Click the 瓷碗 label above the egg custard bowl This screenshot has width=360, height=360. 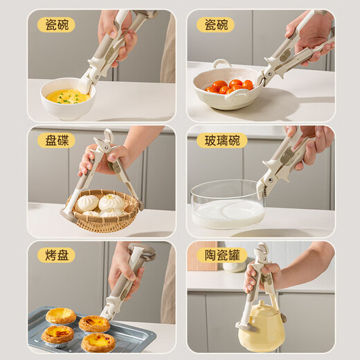click(x=56, y=25)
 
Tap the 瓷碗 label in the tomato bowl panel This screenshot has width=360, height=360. click(x=215, y=25)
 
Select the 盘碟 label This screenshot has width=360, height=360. click(x=56, y=140)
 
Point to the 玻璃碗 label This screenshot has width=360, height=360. click(x=222, y=140)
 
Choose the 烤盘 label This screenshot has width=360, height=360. click(x=56, y=255)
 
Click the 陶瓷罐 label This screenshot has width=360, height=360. click(x=222, y=255)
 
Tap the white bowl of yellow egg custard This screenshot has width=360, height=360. click(x=66, y=98)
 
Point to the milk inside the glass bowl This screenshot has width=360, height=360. click(x=227, y=213)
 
